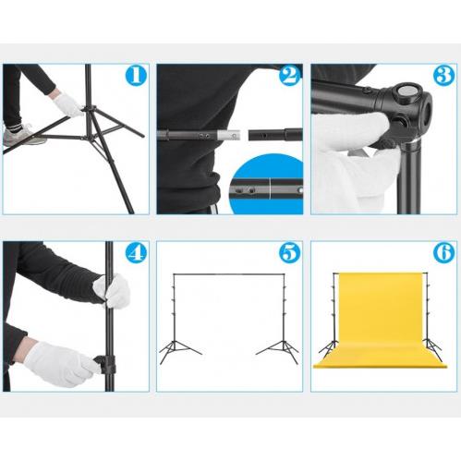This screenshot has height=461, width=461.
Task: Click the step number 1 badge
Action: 136,76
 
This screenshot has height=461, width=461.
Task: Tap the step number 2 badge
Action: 290,76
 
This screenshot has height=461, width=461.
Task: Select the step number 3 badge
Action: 443,76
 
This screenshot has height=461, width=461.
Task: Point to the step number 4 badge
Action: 136,253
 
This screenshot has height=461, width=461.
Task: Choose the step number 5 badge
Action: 290,253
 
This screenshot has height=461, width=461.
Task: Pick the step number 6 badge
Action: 443,253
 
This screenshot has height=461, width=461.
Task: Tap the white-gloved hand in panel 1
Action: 68,104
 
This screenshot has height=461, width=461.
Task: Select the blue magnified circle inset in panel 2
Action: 266,185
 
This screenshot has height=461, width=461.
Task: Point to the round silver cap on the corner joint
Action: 407,91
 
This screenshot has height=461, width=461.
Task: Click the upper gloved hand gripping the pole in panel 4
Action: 112,291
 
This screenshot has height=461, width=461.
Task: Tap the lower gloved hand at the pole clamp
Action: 60,364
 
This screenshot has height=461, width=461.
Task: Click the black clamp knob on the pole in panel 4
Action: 105,364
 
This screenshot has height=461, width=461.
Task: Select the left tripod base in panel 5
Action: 179,352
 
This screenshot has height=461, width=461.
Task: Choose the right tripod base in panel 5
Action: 278,352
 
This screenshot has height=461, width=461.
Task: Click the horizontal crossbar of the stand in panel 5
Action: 229,273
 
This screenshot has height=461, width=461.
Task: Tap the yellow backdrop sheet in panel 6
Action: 381,321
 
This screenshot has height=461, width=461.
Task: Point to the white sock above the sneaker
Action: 11,127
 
